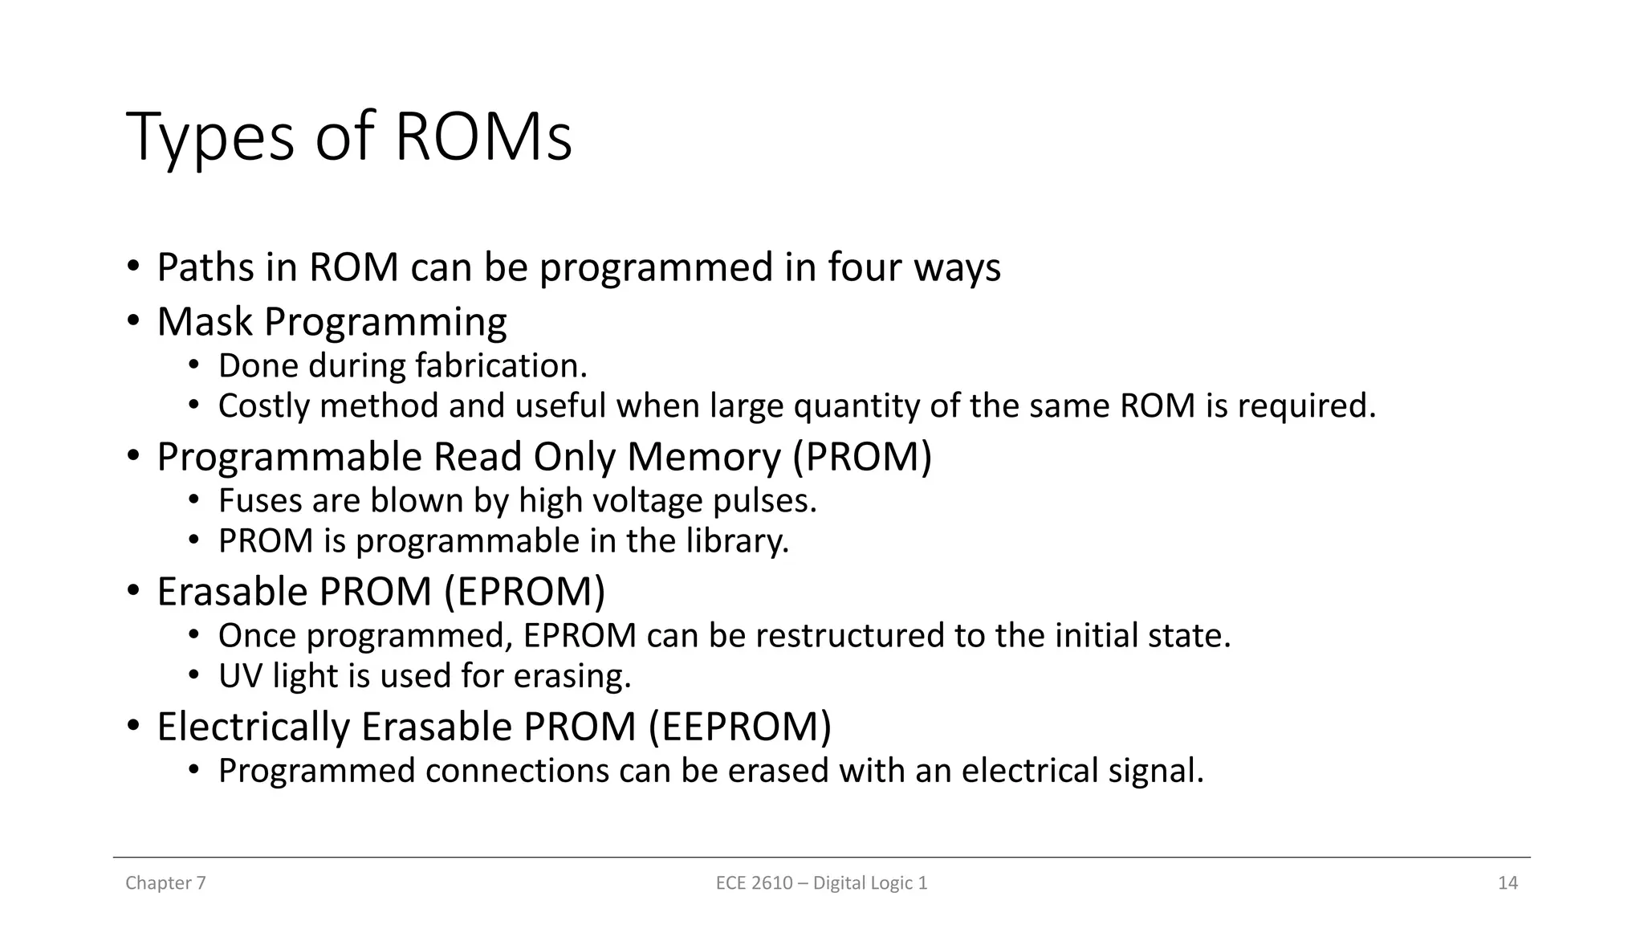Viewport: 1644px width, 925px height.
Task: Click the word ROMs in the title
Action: pyautogui.click(x=483, y=137)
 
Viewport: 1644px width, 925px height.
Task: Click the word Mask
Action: pyautogui.click(x=205, y=322)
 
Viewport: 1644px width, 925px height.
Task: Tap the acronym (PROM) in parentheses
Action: pyautogui.click(x=862, y=457)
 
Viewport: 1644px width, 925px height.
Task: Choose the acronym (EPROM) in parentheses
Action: pyautogui.click(x=525, y=592)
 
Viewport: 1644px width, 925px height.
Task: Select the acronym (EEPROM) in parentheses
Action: pyautogui.click(x=739, y=727)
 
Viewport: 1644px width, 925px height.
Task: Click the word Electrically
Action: pyautogui.click(x=254, y=727)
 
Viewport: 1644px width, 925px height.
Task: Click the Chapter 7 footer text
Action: pyautogui.click(x=165, y=883)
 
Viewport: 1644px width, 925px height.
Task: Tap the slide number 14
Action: pyautogui.click(x=1508, y=883)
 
